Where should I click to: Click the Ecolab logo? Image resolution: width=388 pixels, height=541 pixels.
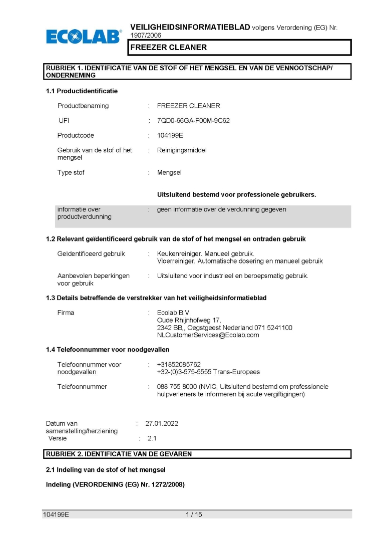84,36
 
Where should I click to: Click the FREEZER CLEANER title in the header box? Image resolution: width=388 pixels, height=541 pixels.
169,48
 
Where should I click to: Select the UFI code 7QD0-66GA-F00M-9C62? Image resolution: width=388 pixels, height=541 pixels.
193,121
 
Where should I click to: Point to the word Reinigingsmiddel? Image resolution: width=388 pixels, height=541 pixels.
182,150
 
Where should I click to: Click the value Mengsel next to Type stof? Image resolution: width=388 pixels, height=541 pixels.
169,172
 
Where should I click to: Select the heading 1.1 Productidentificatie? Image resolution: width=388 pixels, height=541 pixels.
82,91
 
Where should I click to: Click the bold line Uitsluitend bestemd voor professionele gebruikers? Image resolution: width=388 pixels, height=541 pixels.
236,194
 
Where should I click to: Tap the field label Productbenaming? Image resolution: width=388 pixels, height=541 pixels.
83,106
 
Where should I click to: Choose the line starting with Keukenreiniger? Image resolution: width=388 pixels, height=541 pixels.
205,253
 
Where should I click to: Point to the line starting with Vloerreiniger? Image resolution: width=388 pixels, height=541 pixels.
240,261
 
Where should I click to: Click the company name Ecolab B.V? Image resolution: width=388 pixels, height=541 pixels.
174,313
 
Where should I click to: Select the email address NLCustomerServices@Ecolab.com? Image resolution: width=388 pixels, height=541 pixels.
208,335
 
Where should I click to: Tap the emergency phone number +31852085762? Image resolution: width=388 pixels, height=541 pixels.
179,364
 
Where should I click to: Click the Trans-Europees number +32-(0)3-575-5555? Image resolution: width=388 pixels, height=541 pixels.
185,372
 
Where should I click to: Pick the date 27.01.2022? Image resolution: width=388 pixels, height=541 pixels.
162,423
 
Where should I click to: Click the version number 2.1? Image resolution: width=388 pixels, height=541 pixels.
152,438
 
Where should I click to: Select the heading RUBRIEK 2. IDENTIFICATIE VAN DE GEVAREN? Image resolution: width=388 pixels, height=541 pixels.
119,454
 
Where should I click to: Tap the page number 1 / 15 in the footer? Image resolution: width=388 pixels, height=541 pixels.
194,514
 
